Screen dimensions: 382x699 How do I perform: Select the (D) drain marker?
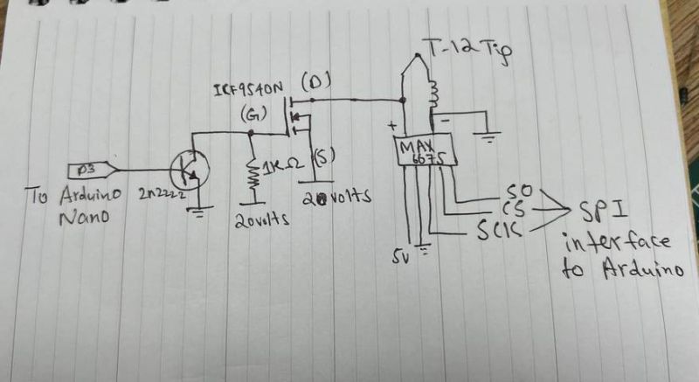click(x=314, y=85)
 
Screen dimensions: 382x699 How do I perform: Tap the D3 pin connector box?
click(x=87, y=168)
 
